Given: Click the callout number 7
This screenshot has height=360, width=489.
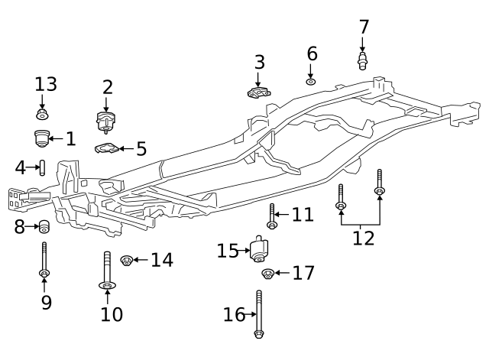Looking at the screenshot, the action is coord(364,27).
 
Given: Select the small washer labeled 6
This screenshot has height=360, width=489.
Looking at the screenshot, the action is coord(311,82).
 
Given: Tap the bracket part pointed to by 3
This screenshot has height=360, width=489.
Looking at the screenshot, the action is coord(259,92).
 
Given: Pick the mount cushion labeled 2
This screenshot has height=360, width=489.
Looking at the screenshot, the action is coord(105,122).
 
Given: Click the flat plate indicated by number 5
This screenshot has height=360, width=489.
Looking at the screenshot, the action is coord(107,148).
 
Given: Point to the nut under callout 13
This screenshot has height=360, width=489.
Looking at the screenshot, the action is coord(42,114).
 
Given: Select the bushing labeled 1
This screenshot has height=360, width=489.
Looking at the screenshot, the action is coord(41,138).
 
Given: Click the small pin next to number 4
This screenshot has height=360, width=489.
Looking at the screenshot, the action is coord(43,167).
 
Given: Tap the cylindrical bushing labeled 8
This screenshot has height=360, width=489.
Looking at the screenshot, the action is coord(44,226).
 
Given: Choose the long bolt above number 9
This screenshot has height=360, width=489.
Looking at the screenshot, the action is coord(44,260).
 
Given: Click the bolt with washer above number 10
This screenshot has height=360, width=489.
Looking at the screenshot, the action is coord(107,271).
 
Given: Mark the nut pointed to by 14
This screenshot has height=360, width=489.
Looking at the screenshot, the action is coord(127,260).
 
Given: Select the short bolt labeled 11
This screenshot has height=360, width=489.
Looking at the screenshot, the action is coord(272,216).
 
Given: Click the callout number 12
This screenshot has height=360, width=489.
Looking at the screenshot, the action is coord(364,238).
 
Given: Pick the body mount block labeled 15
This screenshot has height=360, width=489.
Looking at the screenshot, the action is coord(259,249).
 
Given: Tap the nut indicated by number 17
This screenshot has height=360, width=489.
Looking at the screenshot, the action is coord(267,274).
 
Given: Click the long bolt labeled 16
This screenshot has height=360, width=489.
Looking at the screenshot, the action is coord(259,314).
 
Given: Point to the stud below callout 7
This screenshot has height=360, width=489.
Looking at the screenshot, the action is coord(362,61).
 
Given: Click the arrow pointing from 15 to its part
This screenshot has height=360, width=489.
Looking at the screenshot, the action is coord(244,250).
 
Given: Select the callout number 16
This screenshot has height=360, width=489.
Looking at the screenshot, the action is coord(235,314).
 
